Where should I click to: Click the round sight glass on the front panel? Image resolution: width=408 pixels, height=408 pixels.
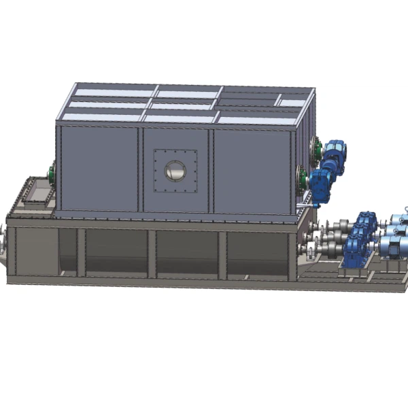pyautogui.click(x=175, y=170)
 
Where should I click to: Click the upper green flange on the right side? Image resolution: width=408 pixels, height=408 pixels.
pyautogui.click(x=315, y=148)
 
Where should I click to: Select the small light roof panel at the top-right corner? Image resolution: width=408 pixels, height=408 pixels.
pyautogui.click(x=292, y=103)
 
